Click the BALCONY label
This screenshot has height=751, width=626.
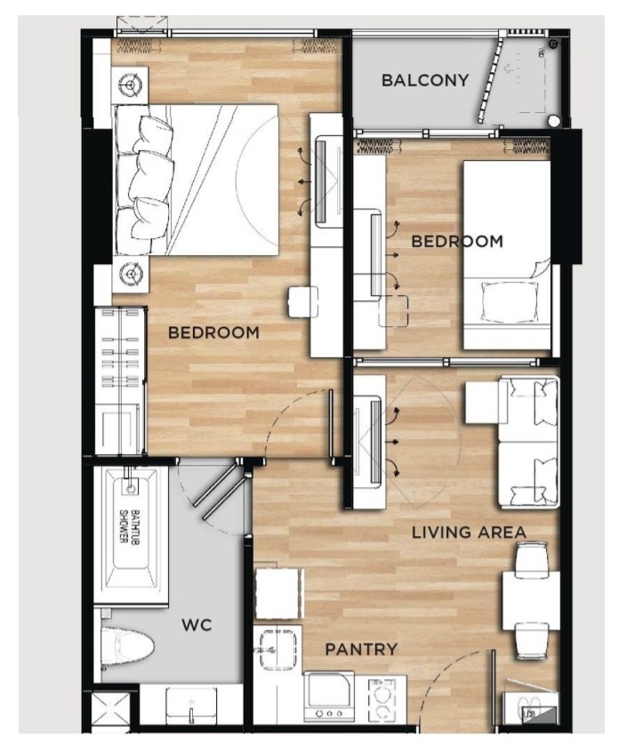(425, 80)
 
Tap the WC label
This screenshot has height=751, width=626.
(197, 625)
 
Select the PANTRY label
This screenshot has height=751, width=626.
(361, 649)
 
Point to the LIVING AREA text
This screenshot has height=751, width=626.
(469, 532)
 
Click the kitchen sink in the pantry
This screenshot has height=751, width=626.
(277, 649)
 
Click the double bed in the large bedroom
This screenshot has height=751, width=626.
(196, 180)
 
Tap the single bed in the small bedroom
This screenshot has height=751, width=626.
(507, 254)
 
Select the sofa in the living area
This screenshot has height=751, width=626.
(527, 442)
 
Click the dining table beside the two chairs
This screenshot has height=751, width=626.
(531, 601)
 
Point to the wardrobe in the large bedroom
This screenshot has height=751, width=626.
(120, 380)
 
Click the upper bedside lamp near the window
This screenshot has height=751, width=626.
(130, 85)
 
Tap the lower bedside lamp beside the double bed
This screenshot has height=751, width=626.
(130, 274)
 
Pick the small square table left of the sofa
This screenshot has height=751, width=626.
(482, 402)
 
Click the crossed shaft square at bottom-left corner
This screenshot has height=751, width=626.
(109, 710)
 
